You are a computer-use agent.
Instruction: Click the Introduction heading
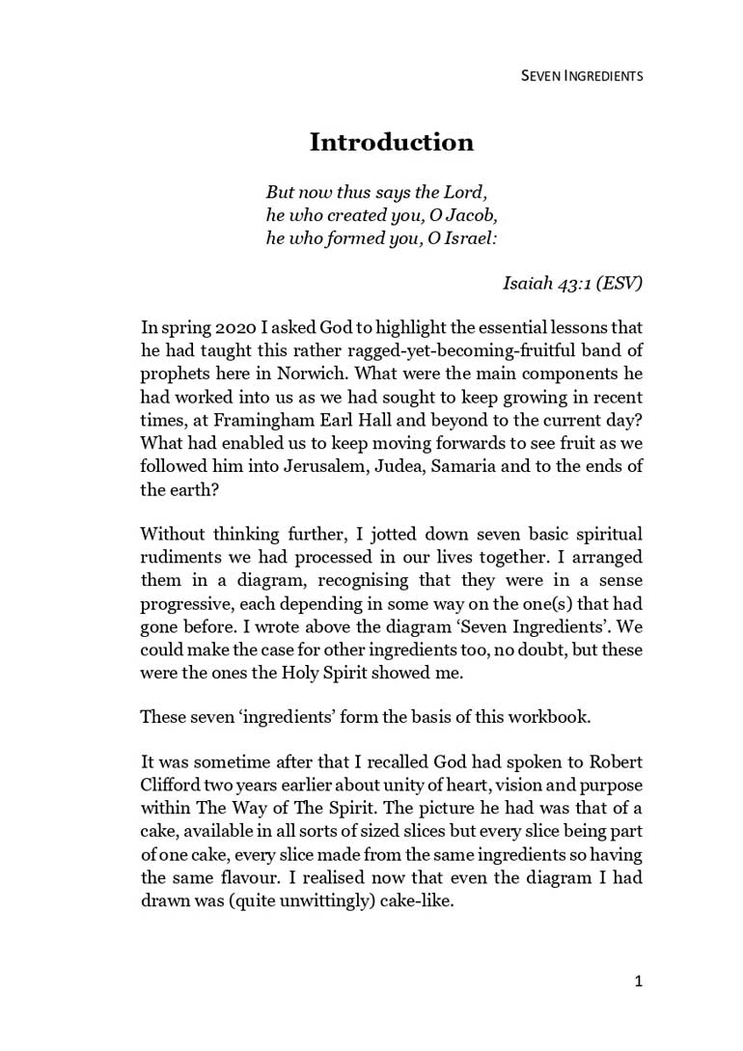391,143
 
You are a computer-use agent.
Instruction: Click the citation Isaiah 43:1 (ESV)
572,284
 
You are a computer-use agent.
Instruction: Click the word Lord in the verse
472,192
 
